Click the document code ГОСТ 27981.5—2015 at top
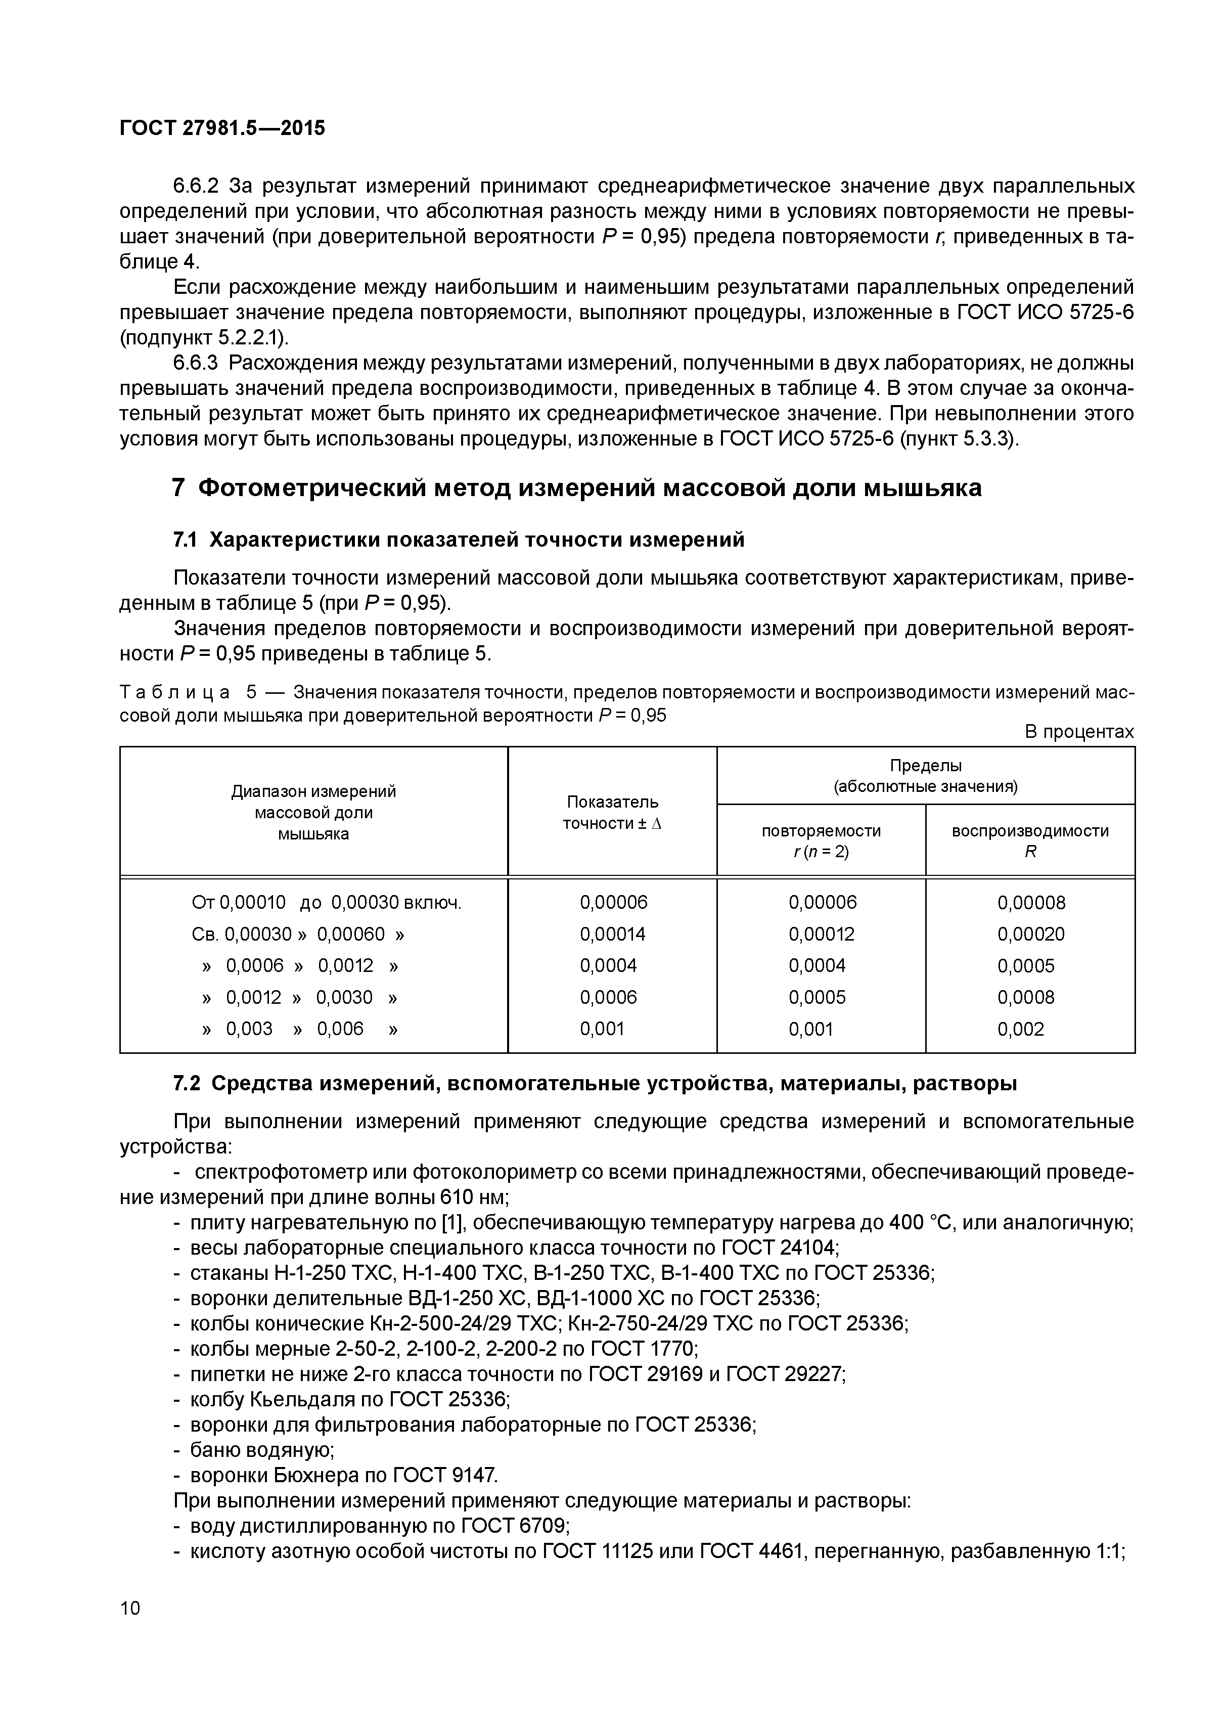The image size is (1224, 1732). [222, 128]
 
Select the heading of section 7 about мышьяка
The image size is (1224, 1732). [577, 488]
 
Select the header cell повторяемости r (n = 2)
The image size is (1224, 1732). [821, 840]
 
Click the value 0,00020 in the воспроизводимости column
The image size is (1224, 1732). [1030, 934]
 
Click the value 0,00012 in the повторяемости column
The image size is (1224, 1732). [821, 934]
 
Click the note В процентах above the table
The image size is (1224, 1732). [1078, 732]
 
